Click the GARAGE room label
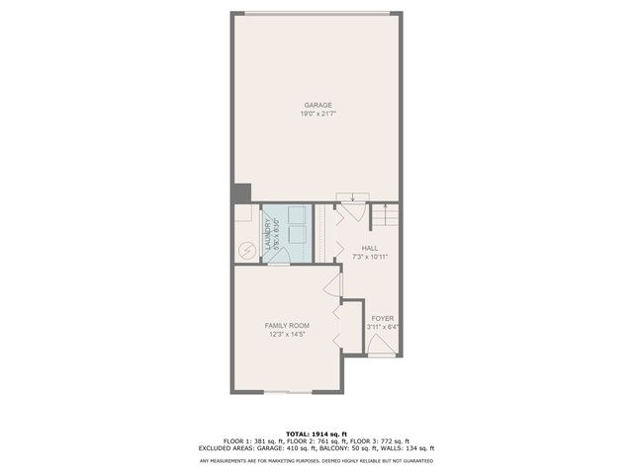point(317,105)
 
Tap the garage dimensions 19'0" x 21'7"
point(317,114)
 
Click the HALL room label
point(370,248)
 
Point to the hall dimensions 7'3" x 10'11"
point(370,257)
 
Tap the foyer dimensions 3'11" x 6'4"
point(383,327)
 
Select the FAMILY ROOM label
point(287,325)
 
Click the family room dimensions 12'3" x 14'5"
point(287,334)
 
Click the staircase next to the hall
point(386,215)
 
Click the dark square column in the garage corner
point(242,194)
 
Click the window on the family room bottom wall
point(288,391)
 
